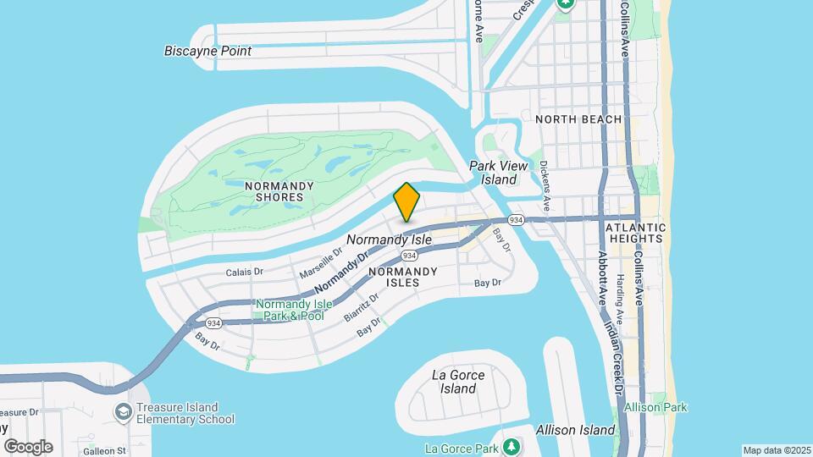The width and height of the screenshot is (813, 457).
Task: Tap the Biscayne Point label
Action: [x=207, y=51]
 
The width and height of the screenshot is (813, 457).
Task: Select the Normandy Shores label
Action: [x=279, y=191]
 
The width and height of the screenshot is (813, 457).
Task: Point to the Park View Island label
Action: [x=493, y=173]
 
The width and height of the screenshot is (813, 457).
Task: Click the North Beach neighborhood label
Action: [x=578, y=119]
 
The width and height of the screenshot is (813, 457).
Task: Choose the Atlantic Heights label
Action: [x=635, y=234]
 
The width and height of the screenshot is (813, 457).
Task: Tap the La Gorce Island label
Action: [x=458, y=382]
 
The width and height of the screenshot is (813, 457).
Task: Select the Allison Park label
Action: [x=655, y=407]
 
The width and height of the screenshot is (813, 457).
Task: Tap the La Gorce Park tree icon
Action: [x=510, y=446]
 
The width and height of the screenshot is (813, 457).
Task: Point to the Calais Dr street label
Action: [x=246, y=273]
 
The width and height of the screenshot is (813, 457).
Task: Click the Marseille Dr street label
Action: [x=321, y=263]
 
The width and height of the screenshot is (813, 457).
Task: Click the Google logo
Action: [x=28, y=446]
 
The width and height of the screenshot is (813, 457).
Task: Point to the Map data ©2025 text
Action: [x=777, y=449]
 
